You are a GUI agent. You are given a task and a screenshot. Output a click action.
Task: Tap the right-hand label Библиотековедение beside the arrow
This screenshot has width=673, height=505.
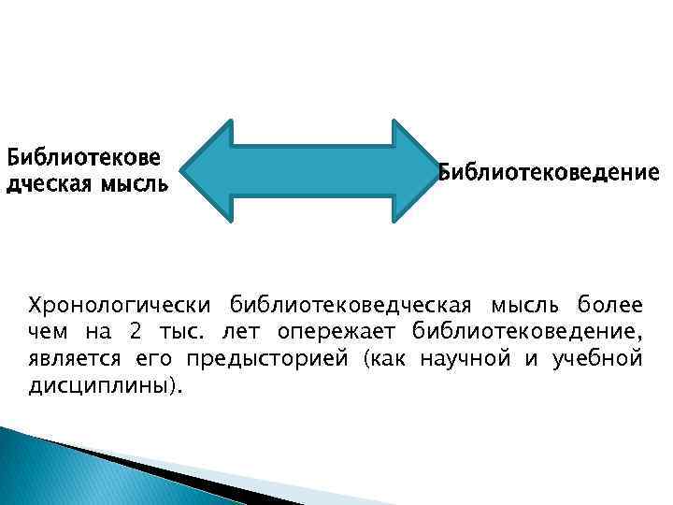pos(549,173)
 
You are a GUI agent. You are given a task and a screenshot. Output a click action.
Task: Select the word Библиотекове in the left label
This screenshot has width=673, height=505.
pos(82,155)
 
